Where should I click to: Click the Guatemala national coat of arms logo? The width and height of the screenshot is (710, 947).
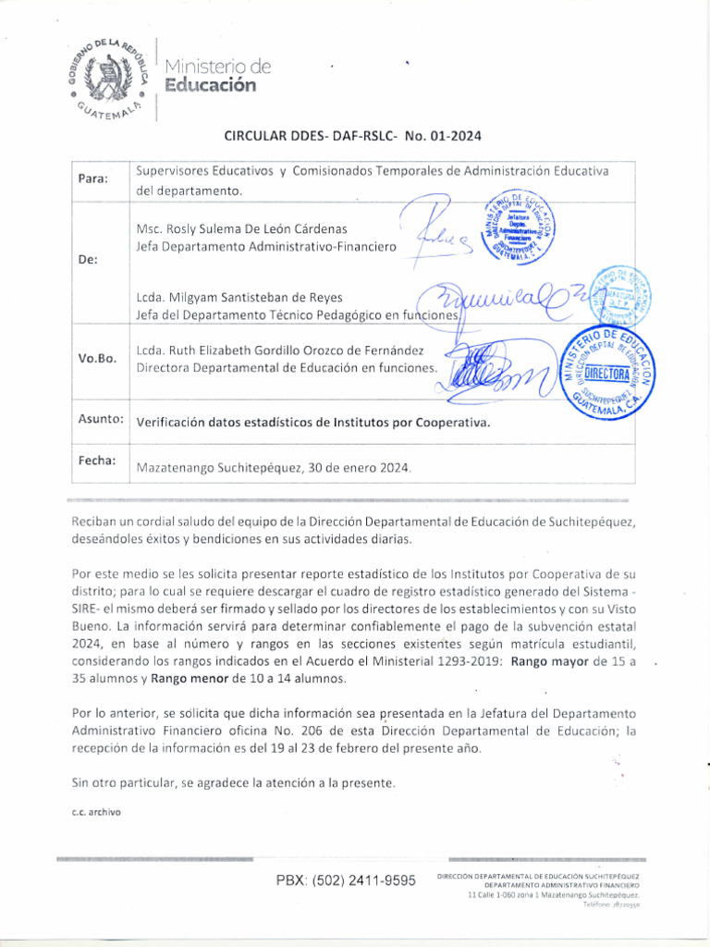click(108, 79)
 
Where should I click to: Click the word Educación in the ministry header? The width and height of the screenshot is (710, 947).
click(210, 86)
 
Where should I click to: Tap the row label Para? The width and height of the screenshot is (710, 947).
click(92, 178)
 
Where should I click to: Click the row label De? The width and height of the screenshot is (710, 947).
click(89, 260)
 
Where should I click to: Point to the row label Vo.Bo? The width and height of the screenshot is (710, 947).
click(97, 359)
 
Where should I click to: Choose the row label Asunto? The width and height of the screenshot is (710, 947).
click(101, 420)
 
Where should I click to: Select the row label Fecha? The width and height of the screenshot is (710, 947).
click(96, 461)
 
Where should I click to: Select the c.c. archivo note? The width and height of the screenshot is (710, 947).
click(96, 812)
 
